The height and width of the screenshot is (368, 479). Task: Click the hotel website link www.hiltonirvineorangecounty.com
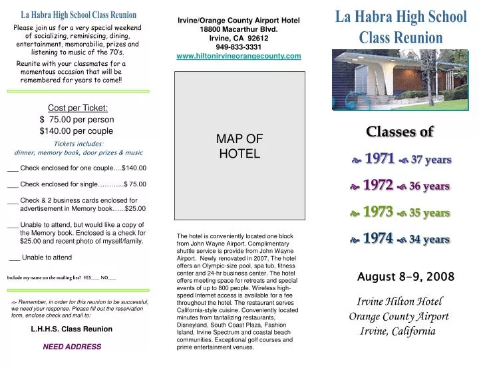pyautogui.click(x=239, y=57)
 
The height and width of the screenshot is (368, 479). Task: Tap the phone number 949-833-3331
pyautogui.click(x=239, y=47)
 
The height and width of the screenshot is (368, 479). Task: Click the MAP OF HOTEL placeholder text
pyautogui.click(x=239, y=146)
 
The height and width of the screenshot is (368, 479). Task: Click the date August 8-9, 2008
pyautogui.click(x=406, y=276)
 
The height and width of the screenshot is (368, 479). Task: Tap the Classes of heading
pyautogui.click(x=399, y=132)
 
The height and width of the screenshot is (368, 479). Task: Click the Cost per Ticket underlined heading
pyautogui.click(x=78, y=108)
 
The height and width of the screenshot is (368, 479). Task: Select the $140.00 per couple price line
pyautogui.click(x=76, y=131)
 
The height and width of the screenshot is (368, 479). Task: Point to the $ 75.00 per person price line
pyautogui.click(x=77, y=120)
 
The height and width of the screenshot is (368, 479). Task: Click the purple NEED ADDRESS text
pyautogui.click(x=72, y=347)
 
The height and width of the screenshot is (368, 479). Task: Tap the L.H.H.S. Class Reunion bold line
pyautogui.click(x=71, y=329)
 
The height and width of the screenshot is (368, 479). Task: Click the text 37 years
pyautogui.click(x=430, y=160)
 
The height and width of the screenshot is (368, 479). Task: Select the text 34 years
pyautogui.click(x=429, y=240)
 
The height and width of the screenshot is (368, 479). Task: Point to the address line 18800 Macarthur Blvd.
pyautogui.click(x=239, y=29)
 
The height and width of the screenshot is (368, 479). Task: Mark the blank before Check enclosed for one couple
pyautogui.click(x=13, y=168)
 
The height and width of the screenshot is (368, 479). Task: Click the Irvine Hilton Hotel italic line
pyautogui.click(x=399, y=301)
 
